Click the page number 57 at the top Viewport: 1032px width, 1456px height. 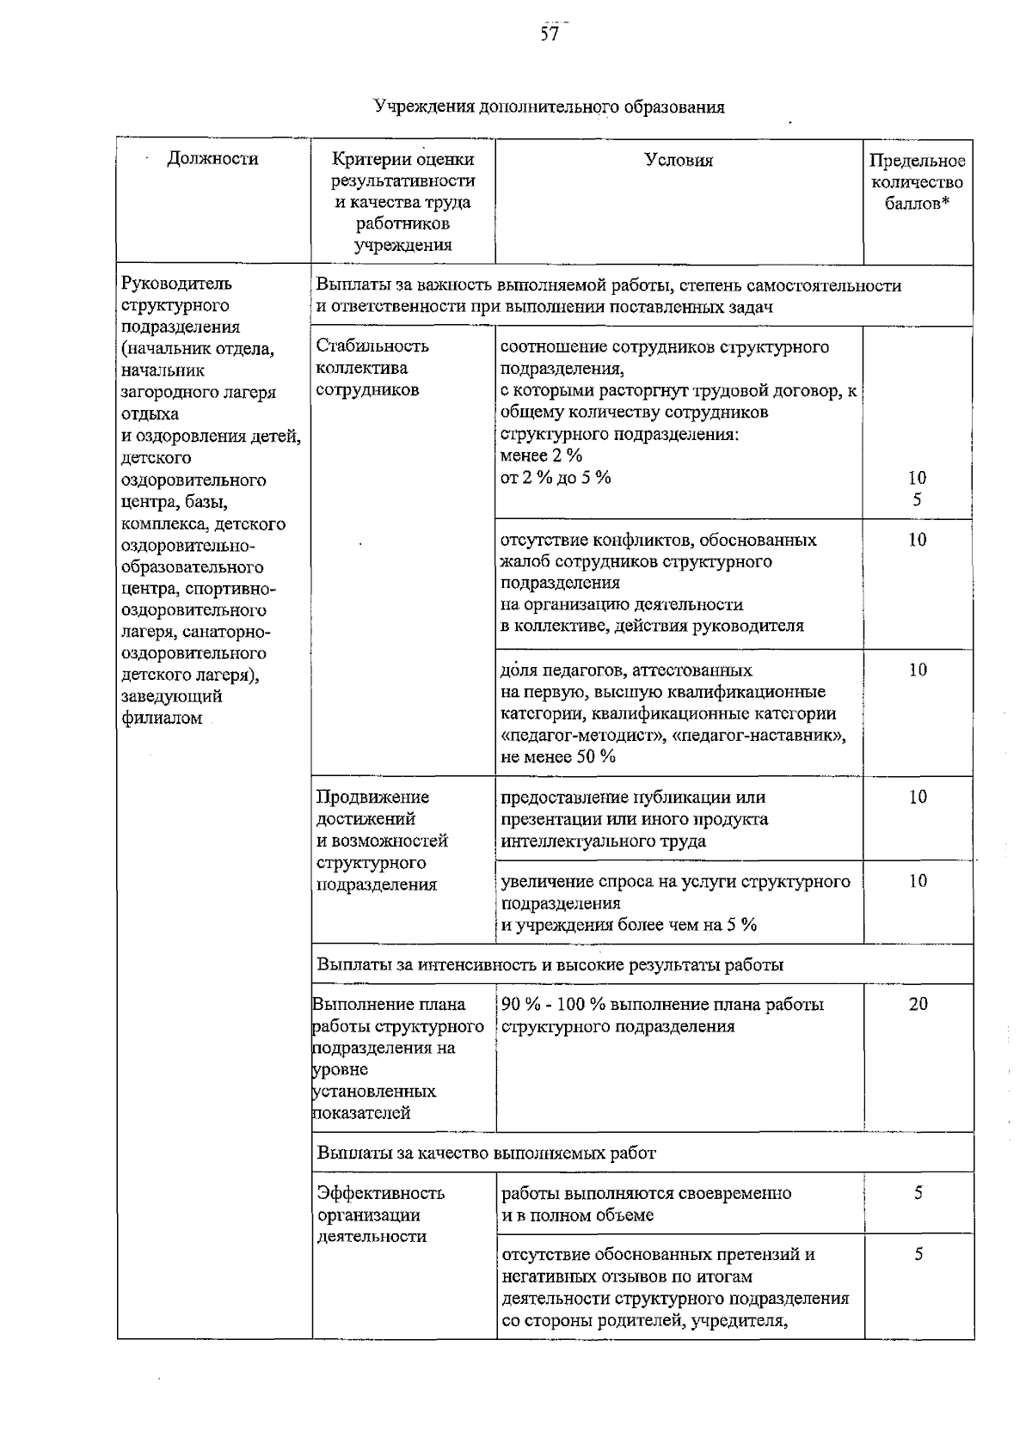point(549,34)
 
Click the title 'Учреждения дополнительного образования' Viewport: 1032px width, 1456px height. point(549,107)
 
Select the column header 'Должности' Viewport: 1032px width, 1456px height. point(212,158)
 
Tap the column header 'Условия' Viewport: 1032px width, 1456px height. point(679,160)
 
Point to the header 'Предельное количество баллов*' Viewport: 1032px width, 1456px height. point(917,182)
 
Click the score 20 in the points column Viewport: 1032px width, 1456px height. point(918,1004)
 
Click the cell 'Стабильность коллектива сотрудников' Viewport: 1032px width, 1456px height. point(372,368)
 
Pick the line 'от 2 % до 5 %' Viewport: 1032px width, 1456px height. point(556,478)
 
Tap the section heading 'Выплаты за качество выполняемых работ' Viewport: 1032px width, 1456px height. point(486,1153)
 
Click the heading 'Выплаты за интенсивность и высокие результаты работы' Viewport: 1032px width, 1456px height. point(550,964)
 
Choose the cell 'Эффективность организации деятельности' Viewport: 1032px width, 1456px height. point(380,1214)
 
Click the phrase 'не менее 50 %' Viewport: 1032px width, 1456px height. point(558,757)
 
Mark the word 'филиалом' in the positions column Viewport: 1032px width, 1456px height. point(162,719)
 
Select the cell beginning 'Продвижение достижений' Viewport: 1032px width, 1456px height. point(381,841)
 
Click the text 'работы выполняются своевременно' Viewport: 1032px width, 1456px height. point(646,1193)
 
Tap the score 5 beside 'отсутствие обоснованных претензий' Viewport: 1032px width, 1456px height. point(918,1255)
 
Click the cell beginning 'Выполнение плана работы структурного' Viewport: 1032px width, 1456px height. point(396,1058)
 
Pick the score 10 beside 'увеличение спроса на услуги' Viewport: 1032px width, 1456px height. point(918,881)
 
